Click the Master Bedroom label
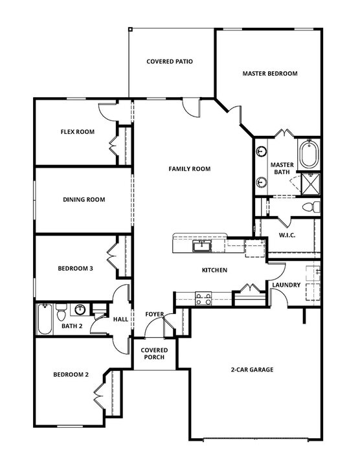click(270, 74)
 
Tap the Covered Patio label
click(170, 62)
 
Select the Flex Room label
click(78, 132)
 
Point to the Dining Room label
click(84, 200)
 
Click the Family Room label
click(190, 169)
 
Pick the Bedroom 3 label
click(76, 268)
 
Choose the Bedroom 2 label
click(71, 375)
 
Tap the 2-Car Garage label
click(252, 370)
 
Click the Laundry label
click(286, 285)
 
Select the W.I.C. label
click(287, 235)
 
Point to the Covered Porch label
click(154, 353)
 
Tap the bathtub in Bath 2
click(45, 320)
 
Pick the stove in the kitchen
click(203, 298)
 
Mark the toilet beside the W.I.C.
click(309, 207)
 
